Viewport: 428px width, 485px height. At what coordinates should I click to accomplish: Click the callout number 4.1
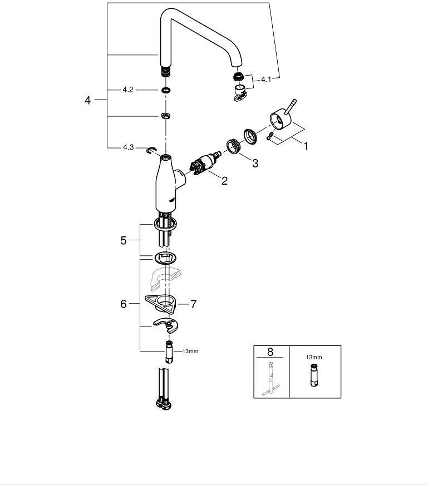point(266,80)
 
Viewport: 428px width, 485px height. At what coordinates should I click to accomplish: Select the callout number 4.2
point(128,90)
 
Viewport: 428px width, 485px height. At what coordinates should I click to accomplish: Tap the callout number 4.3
point(129,147)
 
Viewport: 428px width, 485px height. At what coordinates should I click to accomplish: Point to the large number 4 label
point(88,100)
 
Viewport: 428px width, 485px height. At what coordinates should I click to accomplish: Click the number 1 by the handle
point(306,146)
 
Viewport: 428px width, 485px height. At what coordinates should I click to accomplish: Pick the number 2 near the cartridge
point(224,181)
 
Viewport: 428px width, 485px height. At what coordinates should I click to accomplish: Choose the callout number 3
point(255,163)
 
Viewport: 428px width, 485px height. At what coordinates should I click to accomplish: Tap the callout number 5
point(124,240)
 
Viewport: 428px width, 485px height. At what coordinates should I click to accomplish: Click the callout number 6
point(124,304)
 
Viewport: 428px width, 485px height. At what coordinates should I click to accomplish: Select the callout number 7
point(194,304)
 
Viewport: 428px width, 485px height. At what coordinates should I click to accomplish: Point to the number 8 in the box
point(270,352)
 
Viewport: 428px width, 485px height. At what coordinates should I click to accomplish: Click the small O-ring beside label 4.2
point(166,90)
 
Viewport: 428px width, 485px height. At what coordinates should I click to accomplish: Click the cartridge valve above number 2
point(205,163)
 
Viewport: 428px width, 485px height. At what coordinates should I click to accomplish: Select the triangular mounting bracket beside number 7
point(160,304)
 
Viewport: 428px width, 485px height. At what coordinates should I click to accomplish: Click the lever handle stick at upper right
point(291,107)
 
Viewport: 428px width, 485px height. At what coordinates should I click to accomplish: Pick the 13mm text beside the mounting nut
point(190,352)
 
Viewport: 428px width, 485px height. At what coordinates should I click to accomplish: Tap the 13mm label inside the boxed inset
point(314,357)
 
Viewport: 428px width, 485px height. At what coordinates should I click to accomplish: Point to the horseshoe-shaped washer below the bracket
point(166,325)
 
